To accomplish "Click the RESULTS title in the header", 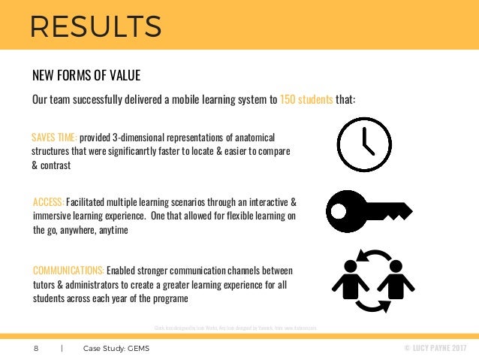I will click(x=95, y=26).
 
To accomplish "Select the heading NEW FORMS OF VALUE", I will click(x=86, y=76).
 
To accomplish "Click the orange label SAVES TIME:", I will click(x=54, y=138).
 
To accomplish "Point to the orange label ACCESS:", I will click(x=49, y=202).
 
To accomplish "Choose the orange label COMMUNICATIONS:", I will click(x=68, y=270).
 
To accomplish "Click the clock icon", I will click(x=364, y=145).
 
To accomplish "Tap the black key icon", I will click(x=368, y=211).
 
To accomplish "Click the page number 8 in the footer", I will click(x=35, y=349).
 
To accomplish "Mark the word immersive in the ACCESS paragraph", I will click(x=53, y=216).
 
